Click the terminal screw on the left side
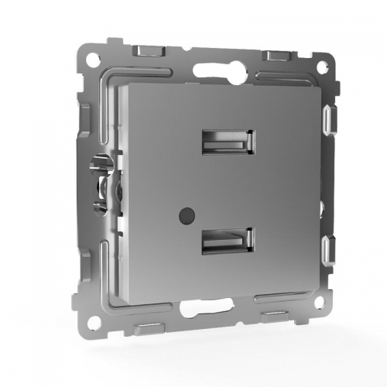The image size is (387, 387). (100, 186)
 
